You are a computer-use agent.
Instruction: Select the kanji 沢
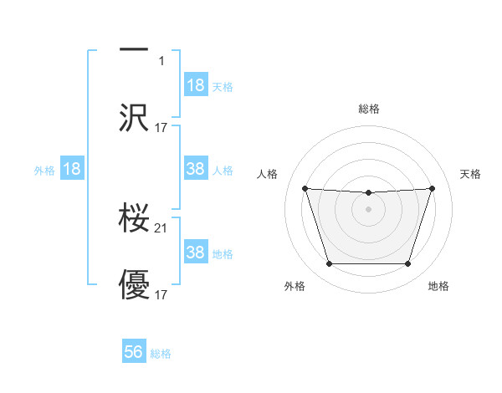(x=134, y=118)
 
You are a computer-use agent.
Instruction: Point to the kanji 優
(x=134, y=285)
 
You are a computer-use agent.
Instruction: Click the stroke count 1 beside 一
(x=162, y=61)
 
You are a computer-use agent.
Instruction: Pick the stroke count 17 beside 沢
(x=162, y=128)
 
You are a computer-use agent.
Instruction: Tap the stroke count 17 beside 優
(x=162, y=294)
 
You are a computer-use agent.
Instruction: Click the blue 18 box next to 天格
(x=196, y=85)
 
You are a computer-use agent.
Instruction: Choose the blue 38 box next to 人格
(x=196, y=169)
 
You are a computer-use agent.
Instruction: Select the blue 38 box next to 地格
(x=196, y=253)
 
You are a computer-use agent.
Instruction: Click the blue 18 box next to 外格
(x=72, y=169)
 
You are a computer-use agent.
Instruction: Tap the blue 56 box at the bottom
(x=134, y=352)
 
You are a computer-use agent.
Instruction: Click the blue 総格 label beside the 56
(x=161, y=354)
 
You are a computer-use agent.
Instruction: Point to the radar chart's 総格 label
(x=369, y=109)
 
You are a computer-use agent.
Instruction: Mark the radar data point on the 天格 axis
(x=432, y=188)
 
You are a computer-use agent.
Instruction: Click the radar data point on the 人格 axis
(x=305, y=188)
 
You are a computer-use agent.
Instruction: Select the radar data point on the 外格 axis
(x=329, y=264)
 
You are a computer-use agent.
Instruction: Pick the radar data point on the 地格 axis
(x=408, y=264)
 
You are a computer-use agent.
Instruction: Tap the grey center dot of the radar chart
(x=368, y=209)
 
